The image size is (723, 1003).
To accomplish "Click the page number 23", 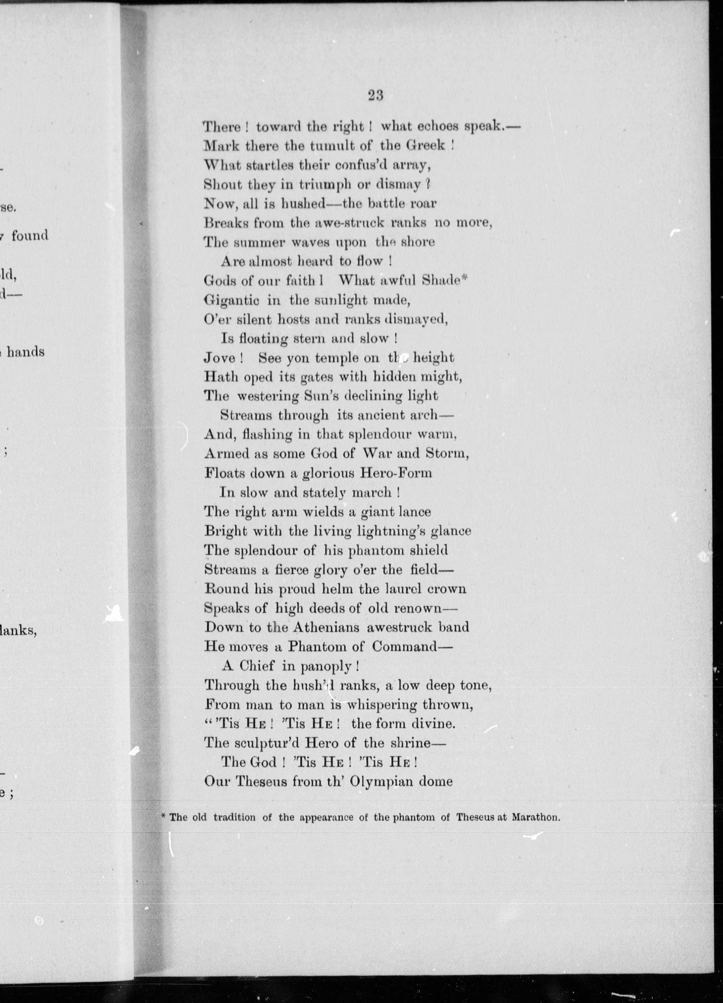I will pyautogui.click(x=375, y=95).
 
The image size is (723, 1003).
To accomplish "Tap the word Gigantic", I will pyautogui.click(x=231, y=301).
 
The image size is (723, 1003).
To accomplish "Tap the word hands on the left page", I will pyautogui.click(x=26, y=352).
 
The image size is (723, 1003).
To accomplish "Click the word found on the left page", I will pyautogui.click(x=30, y=235).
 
